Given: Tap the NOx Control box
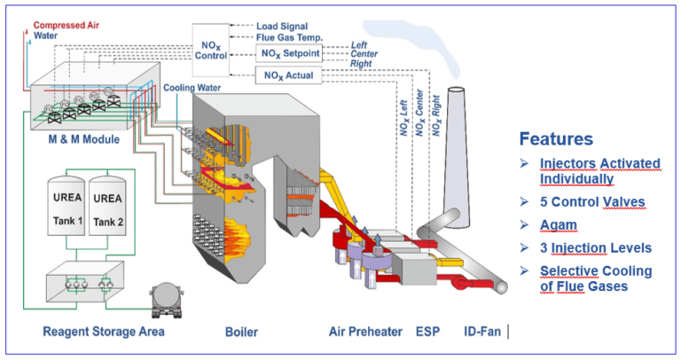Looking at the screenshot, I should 210,46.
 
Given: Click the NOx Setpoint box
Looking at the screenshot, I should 287,54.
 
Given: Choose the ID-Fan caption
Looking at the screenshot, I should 481,333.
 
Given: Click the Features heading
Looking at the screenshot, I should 557,139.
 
